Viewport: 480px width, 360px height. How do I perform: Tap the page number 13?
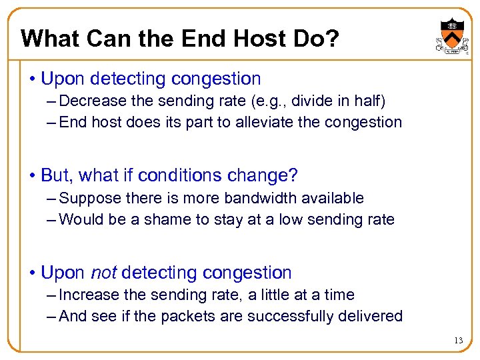458,341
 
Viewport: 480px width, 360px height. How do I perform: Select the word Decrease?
89,101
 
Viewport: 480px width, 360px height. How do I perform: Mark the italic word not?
103,273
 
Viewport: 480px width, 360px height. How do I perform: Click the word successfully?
290,316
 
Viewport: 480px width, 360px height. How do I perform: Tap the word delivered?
370,316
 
